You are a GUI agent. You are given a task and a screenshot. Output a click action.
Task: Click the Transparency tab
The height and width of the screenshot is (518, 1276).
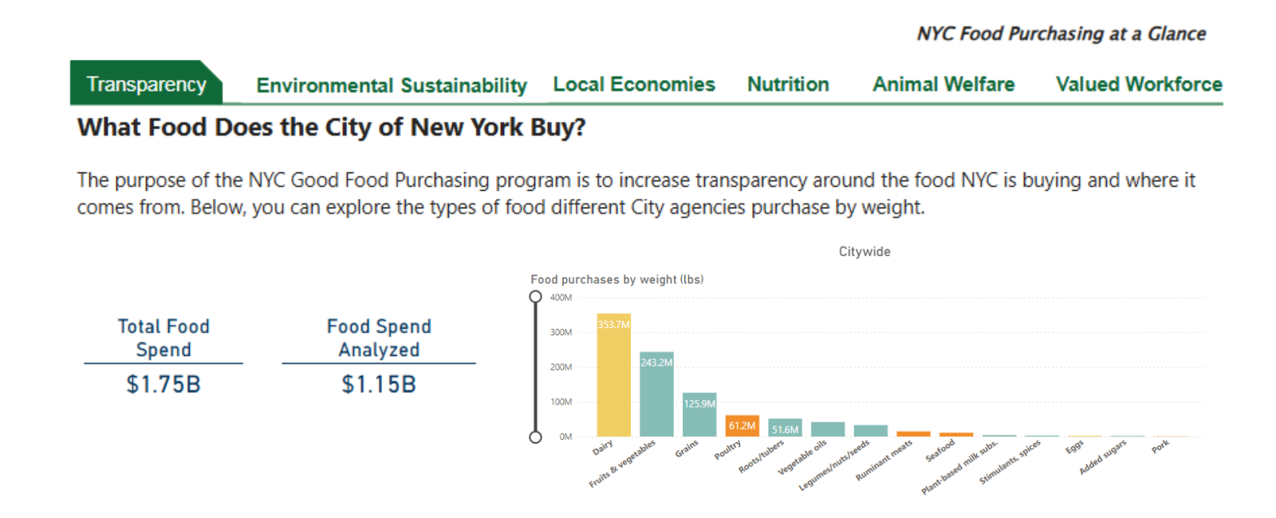click(x=146, y=84)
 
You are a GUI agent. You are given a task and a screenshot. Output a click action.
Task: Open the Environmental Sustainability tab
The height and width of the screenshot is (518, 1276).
click(x=391, y=85)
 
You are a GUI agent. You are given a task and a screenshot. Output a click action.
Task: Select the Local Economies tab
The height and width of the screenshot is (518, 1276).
click(x=634, y=84)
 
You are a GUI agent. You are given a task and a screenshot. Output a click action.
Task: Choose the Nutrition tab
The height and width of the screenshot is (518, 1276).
click(x=788, y=84)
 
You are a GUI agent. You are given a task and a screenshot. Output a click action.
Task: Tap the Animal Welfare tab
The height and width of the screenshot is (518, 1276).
click(x=943, y=84)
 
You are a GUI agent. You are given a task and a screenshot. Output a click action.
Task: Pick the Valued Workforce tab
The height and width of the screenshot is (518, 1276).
click(x=1138, y=84)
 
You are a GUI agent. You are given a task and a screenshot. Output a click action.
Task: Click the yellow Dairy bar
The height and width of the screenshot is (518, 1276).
click(x=613, y=375)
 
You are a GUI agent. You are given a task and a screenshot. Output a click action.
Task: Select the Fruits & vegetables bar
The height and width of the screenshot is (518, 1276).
click(x=656, y=394)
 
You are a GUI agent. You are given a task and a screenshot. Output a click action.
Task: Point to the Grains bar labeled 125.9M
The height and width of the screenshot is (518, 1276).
click(x=699, y=414)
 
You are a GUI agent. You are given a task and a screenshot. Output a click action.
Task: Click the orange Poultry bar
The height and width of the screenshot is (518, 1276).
click(x=742, y=426)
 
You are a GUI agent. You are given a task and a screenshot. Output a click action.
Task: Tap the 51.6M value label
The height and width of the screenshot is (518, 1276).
click(x=785, y=429)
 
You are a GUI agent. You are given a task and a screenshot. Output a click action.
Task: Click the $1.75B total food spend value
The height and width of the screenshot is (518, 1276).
click(x=163, y=385)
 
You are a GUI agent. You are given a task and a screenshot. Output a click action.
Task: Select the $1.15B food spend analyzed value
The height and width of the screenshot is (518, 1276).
click(x=379, y=385)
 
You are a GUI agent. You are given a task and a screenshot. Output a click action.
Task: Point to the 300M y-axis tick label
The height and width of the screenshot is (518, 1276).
click(x=561, y=332)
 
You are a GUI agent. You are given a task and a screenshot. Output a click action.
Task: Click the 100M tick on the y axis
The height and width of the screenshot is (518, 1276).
click(x=561, y=402)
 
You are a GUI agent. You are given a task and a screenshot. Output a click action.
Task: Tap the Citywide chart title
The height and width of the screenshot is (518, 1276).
click(x=864, y=251)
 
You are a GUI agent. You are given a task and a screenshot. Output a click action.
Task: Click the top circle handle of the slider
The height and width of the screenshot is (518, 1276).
click(x=535, y=297)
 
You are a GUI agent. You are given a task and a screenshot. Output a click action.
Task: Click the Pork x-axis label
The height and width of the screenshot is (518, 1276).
click(x=1160, y=447)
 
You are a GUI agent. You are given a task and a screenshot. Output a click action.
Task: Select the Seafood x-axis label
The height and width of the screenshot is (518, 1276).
click(x=940, y=451)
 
